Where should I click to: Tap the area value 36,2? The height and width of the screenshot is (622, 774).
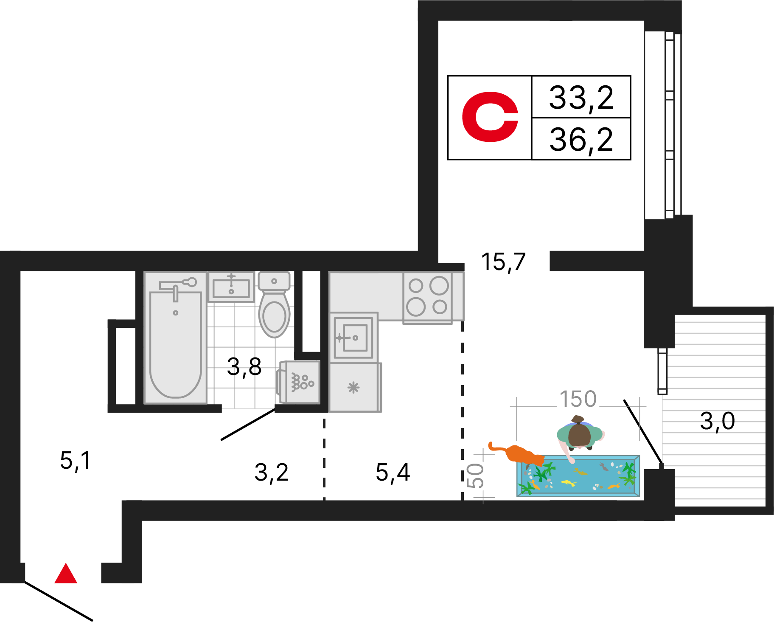point(581,140)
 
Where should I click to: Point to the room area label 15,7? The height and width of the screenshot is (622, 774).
point(503,262)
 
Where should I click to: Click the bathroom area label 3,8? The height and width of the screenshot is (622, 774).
point(244,367)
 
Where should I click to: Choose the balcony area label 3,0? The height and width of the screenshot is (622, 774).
point(717,421)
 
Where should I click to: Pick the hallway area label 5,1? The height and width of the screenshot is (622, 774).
point(76,461)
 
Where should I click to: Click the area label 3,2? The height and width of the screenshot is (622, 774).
point(272,473)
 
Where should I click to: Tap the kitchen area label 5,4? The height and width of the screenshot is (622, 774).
point(393,473)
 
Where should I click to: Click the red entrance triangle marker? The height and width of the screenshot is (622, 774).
point(66,574)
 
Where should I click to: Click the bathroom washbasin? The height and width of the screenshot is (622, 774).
point(231,287)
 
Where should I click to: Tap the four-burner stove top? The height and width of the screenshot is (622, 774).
point(428,297)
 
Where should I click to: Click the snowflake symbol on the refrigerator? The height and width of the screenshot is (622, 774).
point(353,387)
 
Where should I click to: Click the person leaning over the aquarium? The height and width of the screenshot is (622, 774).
point(580,435)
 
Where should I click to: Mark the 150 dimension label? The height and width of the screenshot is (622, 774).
point(578,399)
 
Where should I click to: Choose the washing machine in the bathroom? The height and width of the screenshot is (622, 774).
point(299,382)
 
